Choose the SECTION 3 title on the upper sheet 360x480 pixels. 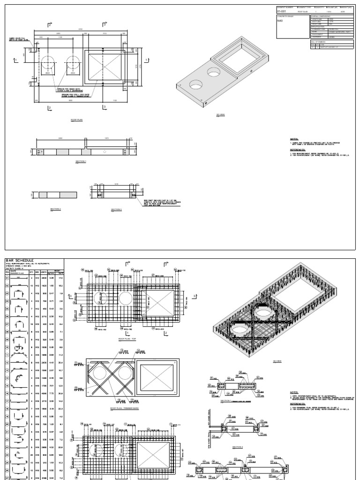116,210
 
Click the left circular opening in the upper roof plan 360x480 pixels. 49,65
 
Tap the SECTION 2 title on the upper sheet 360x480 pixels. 56,210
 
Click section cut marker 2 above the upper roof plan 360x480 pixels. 49,24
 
